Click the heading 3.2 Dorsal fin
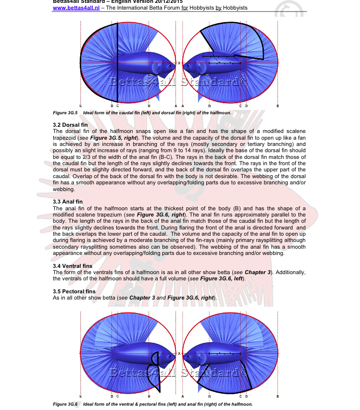coord(69,125)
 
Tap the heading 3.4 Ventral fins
coord(72,265)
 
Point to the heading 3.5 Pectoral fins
coord(74,291)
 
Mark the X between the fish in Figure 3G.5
coord(179,63)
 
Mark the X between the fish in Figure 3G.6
coord(179,354)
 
